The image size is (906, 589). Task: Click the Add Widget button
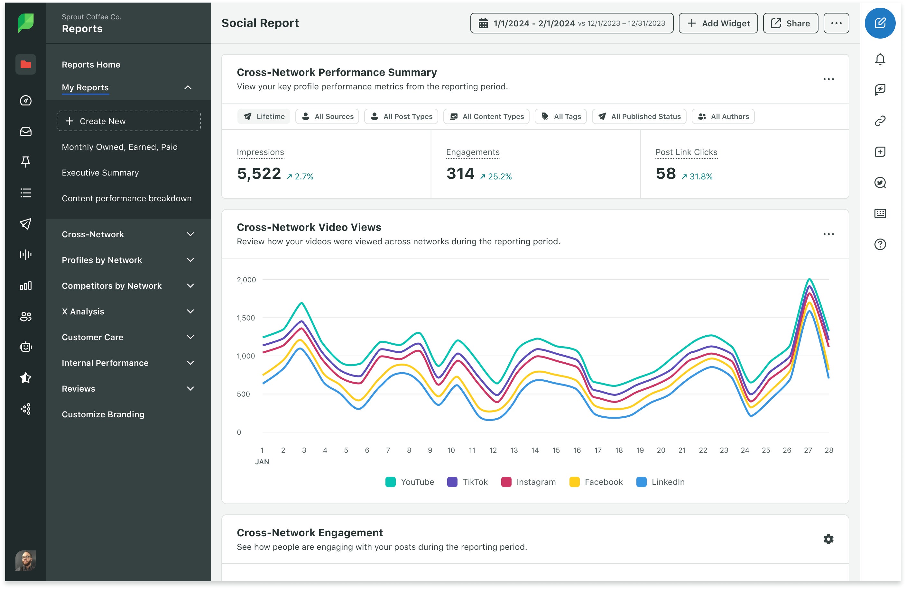pos(718,23)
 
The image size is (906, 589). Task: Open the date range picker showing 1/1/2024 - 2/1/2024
pos(571,23)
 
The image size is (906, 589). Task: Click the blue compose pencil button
pos(880,23)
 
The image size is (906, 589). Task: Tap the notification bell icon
pos(880,59)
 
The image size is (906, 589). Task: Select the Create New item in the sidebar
pos(128,121)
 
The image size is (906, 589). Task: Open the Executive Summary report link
pos(100,173)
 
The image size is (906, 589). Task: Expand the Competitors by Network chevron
pos(190,286)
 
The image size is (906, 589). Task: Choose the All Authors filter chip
pos(723,116)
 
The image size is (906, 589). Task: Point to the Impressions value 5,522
pos(259,174)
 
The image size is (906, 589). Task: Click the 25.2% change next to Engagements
pos(496,177)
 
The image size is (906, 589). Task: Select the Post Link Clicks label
pos(686,152)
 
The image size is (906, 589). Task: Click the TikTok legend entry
pos(474,482)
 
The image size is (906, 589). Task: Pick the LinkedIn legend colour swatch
pos(641,482)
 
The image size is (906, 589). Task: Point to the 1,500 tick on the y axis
pos(246,318)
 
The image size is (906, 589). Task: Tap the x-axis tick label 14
pos(535,450)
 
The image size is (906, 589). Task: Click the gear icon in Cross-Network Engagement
pos(828,539)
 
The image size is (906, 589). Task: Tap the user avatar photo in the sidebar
pos(25,561)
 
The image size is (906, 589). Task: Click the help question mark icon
pos(880,244)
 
